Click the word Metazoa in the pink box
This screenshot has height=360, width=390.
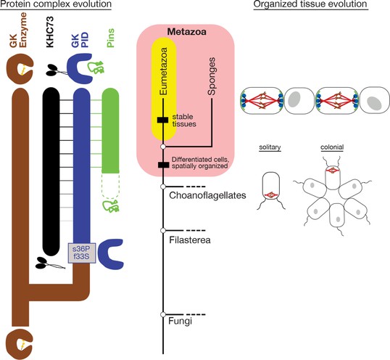pyautogui.click(x=187, y=32)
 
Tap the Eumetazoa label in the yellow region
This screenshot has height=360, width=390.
pyautogui.click(x=163, y=71)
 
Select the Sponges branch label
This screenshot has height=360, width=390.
pyautogui.click(x=212, y=76)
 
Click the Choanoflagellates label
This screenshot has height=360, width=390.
pyautogui.click(x=207, y=195)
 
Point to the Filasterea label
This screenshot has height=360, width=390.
pyautogui.click(x=190, y=240)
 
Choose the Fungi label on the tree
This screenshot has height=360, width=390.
pyautogui.click(x=180, y=321)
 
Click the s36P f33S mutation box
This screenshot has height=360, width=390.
pyautogui.click(x=82, y=253)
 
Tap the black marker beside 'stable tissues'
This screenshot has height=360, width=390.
pyautogui.click(x=163, y=120)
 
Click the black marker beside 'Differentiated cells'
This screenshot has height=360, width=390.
pyautogui.click(x=164, y=165)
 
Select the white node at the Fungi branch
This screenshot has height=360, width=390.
pyautogui.click(x=163, y=315)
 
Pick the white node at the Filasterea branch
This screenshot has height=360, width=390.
pyautogui.click(x=163, y=231)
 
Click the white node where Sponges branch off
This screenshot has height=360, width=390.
pyautogui.click(x=163, y=147)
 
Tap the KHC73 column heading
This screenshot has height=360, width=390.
pyautogui.click(x=50, y=32)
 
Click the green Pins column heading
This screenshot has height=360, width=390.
pyautogui.click(x=110, y=38)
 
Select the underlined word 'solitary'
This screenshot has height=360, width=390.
pyautogui.click(x=270, y=147)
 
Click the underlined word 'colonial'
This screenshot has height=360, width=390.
pyautogui.click(x=332, y=147)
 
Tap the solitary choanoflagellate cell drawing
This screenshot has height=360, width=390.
pyautogui.click(x=271, y=187)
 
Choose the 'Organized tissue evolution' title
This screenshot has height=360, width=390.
pyautogui.click(x=310, y=4)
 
